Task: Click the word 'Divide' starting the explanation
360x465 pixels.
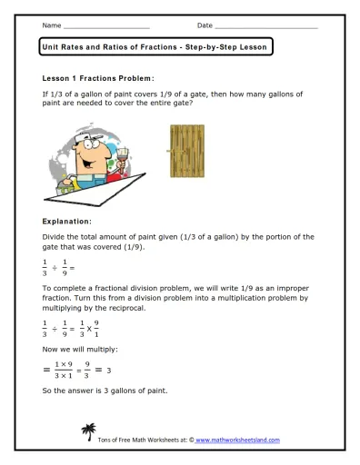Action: click(55, 237)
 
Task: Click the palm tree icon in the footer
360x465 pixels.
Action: click(89, 431)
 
